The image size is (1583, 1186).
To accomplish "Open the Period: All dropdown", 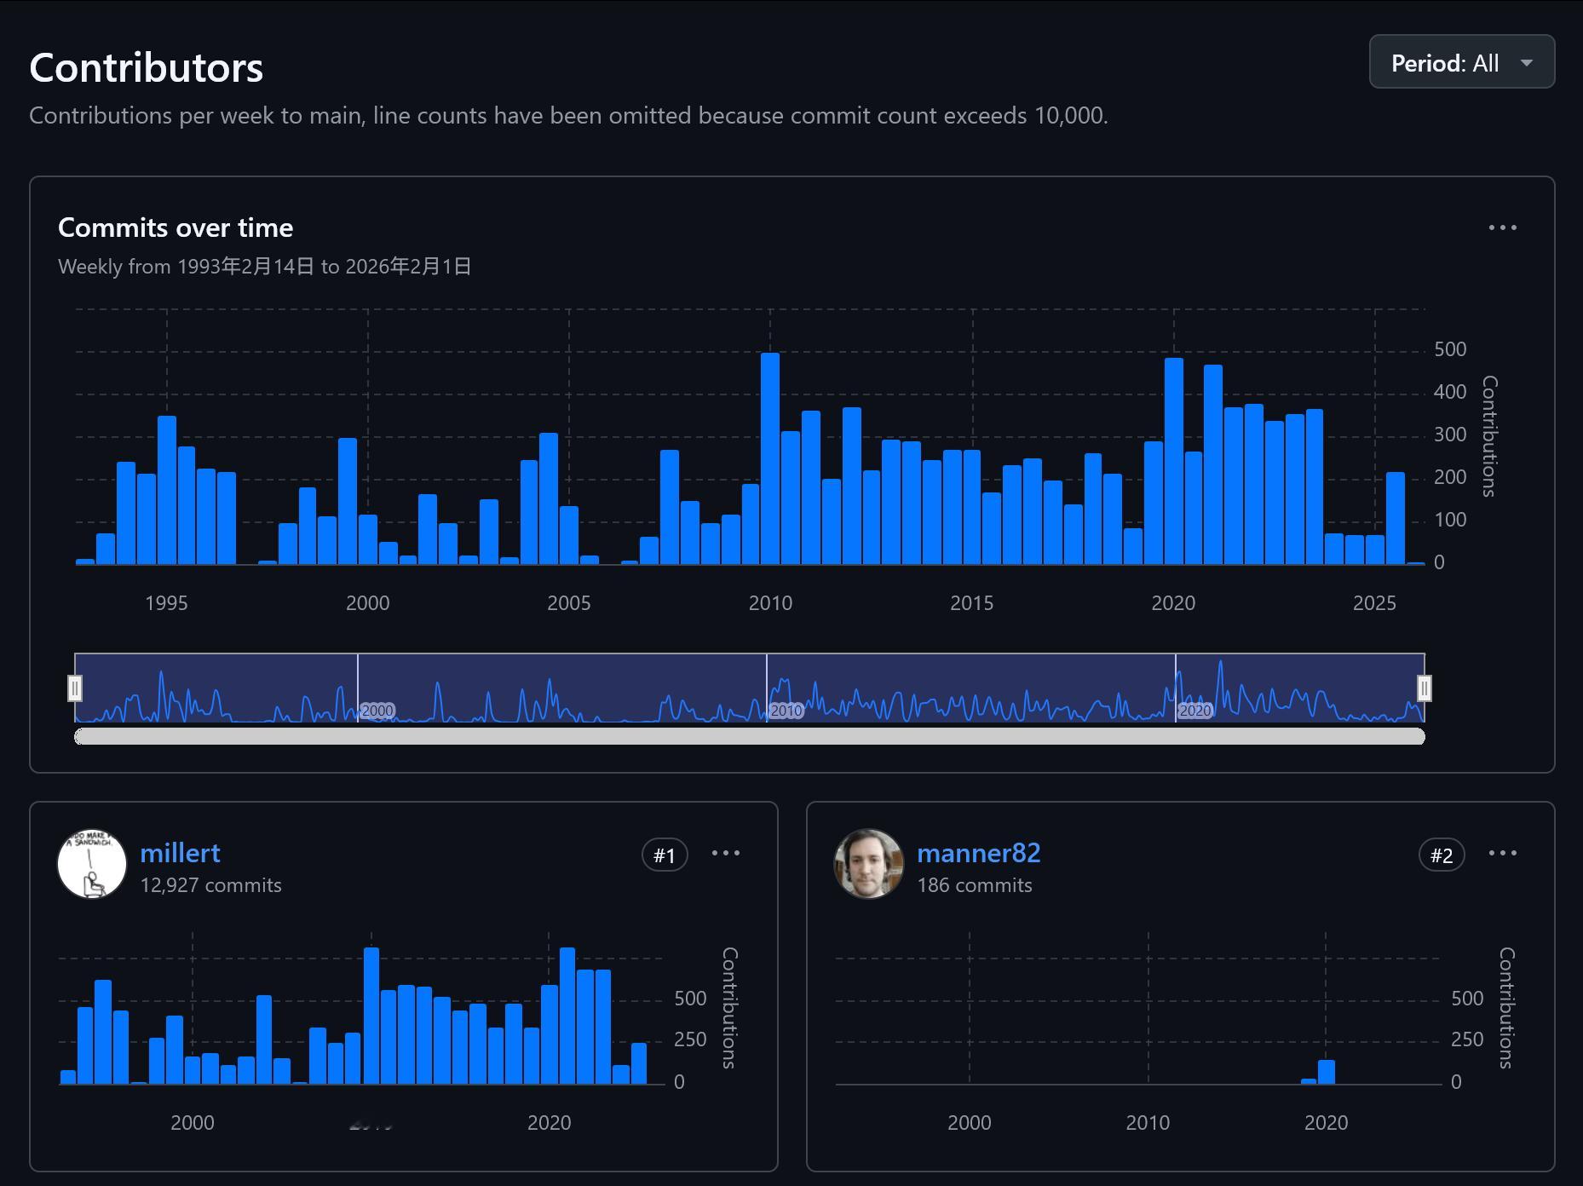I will point(1461,62).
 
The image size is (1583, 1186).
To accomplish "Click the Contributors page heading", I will point(146,68).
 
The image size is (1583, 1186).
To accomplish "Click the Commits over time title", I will point(176,227).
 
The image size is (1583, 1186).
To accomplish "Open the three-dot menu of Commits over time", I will point(1502,227).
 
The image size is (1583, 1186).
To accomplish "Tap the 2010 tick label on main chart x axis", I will point(770,603).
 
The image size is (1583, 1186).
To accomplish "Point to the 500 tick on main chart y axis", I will point(1450,349).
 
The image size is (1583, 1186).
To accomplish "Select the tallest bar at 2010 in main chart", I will point(770,458).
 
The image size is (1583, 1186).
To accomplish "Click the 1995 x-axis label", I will point(166,603).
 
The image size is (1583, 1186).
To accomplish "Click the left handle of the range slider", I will point(75,688).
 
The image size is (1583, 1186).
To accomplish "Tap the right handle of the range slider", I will point(1425,688).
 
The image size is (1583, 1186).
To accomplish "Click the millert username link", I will point(180,853).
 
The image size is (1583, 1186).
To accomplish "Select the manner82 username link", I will point(978,853).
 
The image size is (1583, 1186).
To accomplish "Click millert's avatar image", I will point(92,864).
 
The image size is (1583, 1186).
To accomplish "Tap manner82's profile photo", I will point(868,864).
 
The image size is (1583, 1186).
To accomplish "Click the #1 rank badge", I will point(665,855).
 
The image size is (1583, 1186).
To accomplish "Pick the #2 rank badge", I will point(1442,855).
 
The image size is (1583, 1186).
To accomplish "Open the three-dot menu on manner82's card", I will point(1502,853).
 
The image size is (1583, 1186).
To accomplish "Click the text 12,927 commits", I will point(210,885).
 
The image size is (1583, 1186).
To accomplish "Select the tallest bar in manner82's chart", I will point(1327,1073).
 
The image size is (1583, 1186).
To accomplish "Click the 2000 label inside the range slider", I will point(377,711).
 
